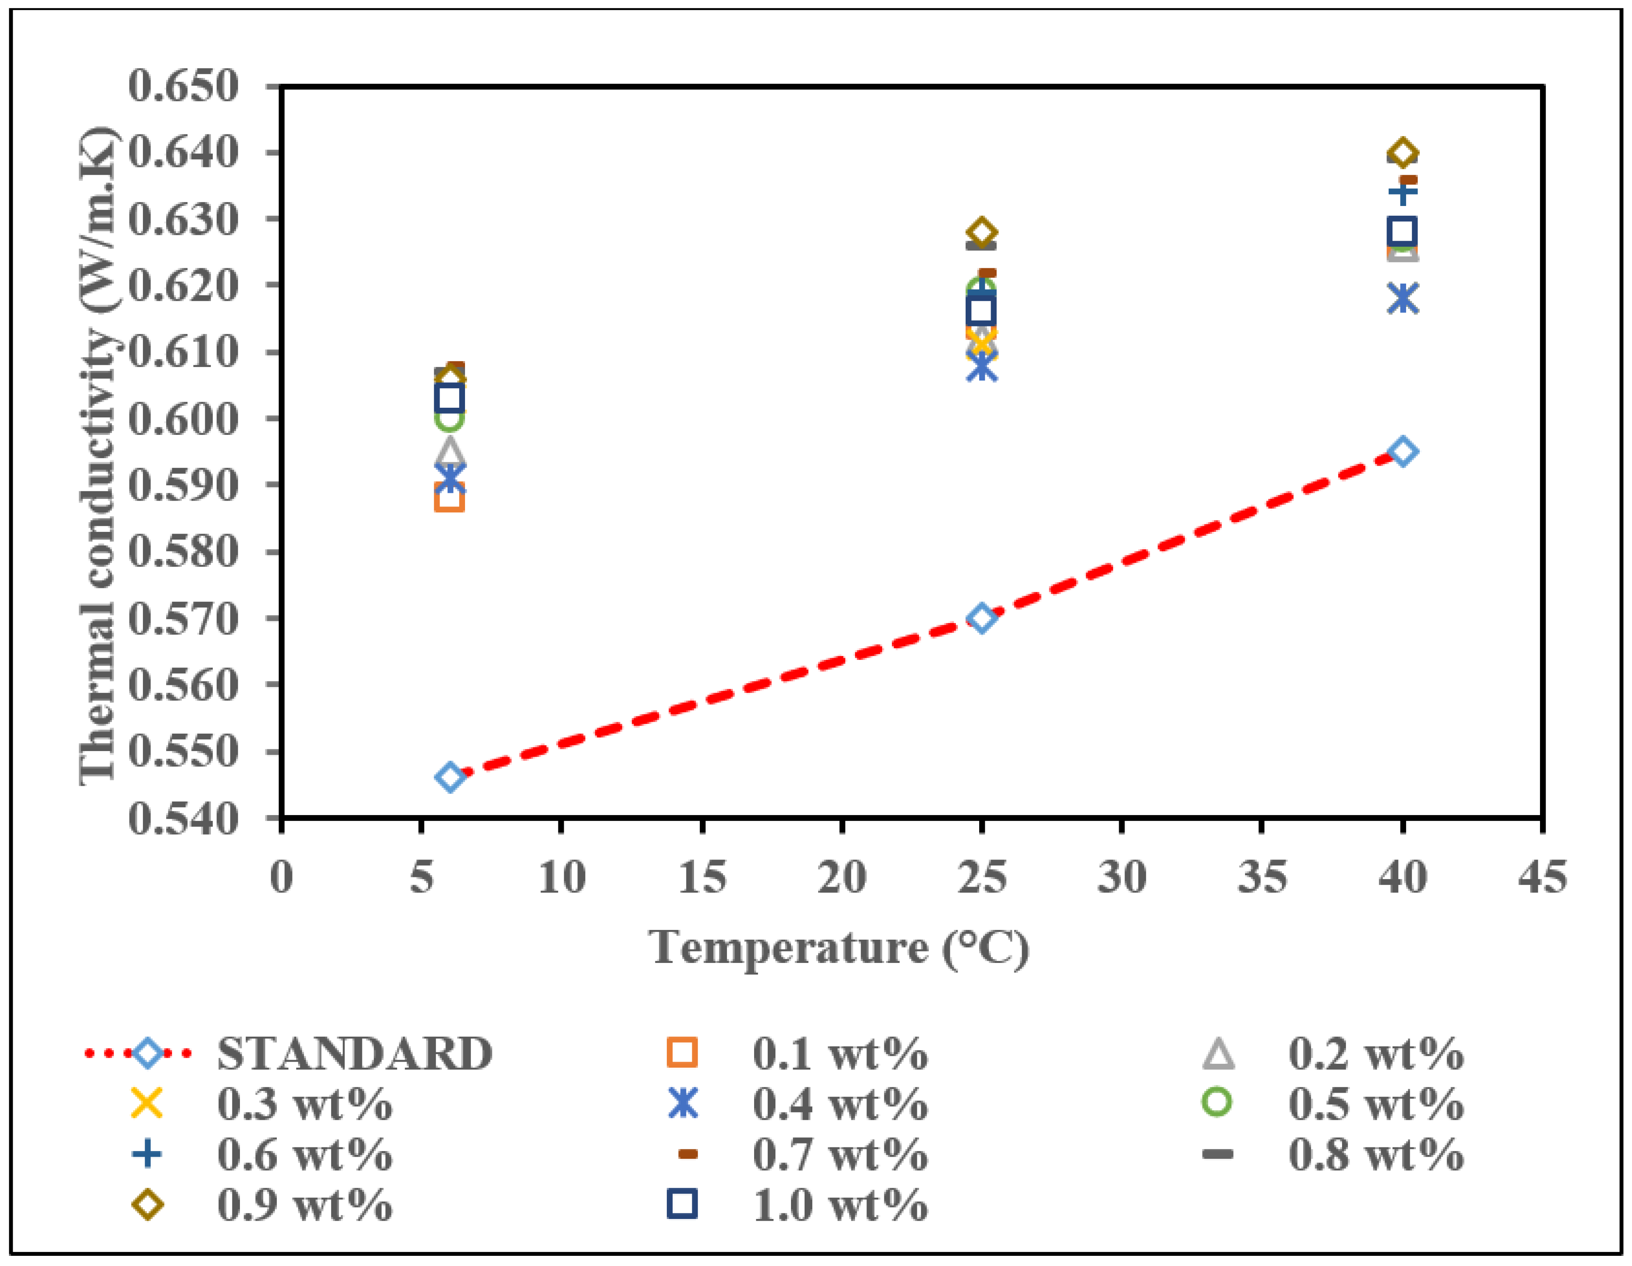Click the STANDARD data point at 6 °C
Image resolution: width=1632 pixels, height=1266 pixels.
pyautogui.click(x=449, y=777)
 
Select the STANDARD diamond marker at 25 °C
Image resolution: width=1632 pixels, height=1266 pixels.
pyautogui.click(x=982, y=618)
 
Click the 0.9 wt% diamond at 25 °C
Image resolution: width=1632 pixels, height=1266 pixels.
pyautogui.click(x=981, y=232)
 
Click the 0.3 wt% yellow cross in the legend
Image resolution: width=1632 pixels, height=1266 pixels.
pyautogui.click(x=147, y=1103)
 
